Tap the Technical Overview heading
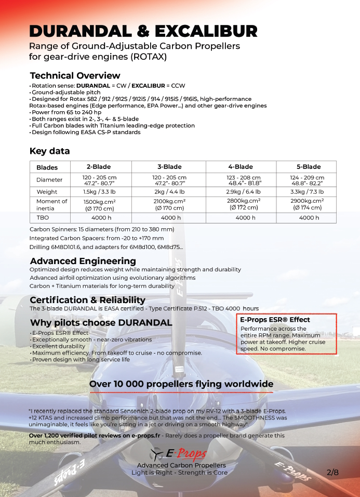75,75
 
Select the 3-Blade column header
169,167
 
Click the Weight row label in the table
47,192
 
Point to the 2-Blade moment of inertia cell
99,205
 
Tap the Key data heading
50,151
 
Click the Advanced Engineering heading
83,260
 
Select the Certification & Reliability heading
87,300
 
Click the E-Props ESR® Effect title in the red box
275,320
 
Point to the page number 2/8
332,473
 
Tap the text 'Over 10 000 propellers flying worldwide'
181,384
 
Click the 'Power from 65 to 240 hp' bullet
66,112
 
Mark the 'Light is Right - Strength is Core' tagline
179,473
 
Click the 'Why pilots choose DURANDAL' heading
101,323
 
